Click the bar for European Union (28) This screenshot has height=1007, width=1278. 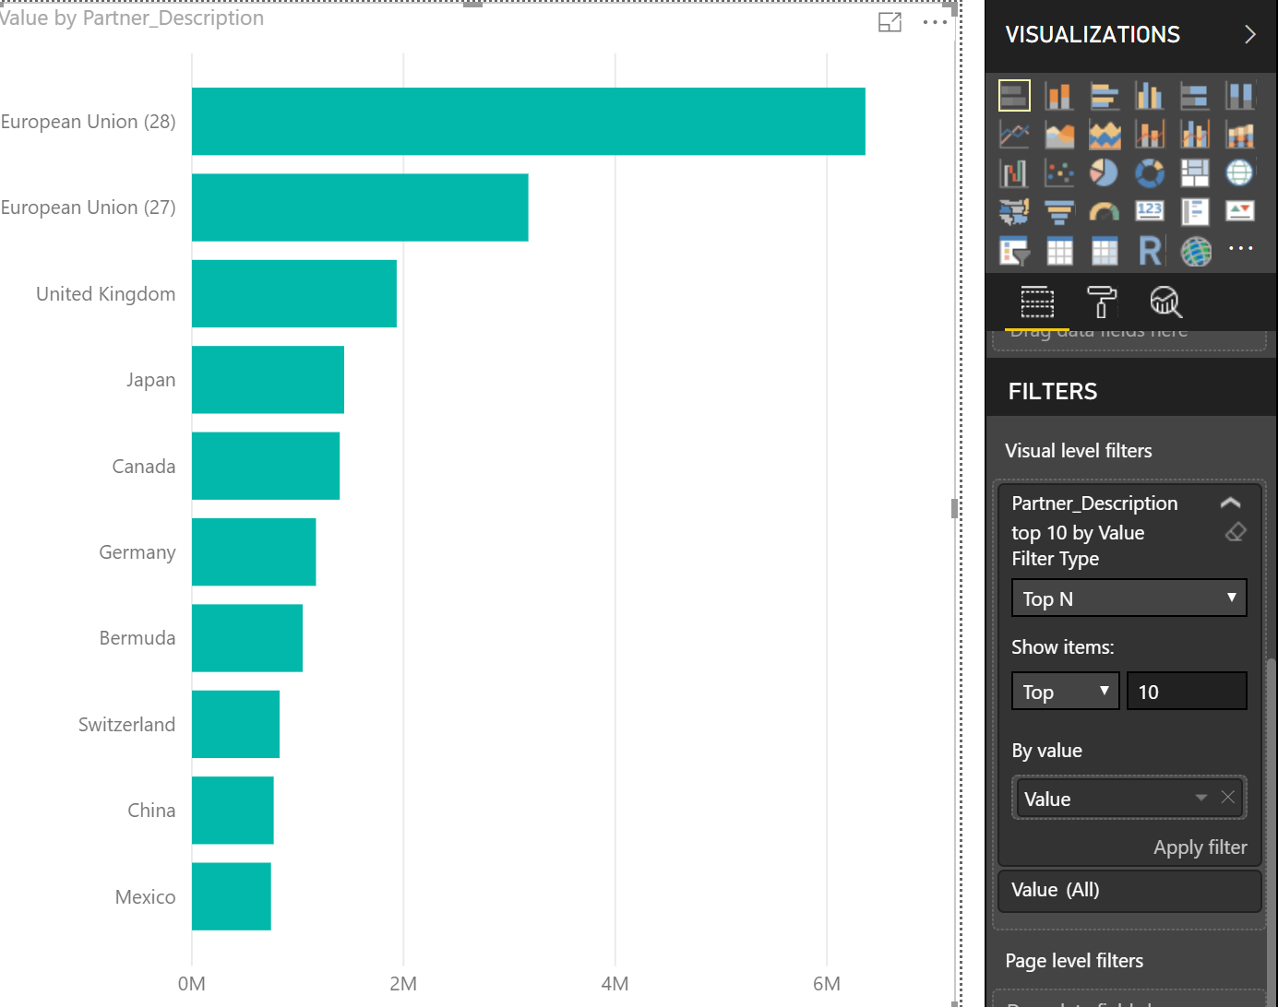click(528, 122)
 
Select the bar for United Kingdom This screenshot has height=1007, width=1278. click(293, 293)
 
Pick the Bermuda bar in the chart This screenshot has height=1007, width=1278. click(246, 638)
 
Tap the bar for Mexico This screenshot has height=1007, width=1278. click(231, 896)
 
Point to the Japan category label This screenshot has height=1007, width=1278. click(150, 380)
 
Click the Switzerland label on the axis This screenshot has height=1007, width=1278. click(126, 725)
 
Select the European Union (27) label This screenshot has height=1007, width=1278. click(88, 207)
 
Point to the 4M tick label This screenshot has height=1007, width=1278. click(615, 984)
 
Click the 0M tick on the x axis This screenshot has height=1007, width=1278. click(191, 984)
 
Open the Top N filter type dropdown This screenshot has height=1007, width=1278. click(1129, 598)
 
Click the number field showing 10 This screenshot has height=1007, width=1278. click(1186, 692)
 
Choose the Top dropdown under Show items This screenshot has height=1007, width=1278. click(1065, 692)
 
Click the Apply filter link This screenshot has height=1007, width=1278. click(1200, 847)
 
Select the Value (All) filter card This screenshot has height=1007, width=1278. click(1129, 890)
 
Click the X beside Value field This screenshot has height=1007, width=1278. click(1227, 798)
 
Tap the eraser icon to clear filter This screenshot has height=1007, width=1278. click(1236, 532)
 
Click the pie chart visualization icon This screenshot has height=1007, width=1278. click(1104, 172)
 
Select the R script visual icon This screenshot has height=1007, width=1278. click(1150, 250)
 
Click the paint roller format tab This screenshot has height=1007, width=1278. click(1101, 302)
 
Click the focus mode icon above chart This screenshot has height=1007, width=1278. click(890, 23)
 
